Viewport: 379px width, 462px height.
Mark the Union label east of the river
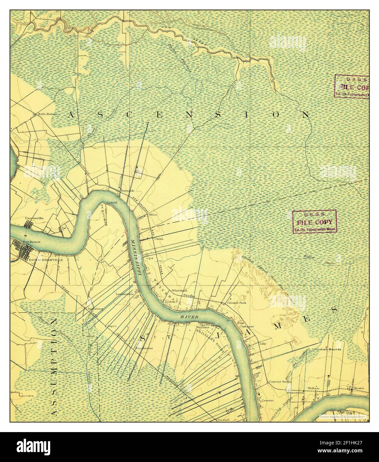tap(159, 238)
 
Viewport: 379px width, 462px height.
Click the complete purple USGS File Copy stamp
tap(314, 221)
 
